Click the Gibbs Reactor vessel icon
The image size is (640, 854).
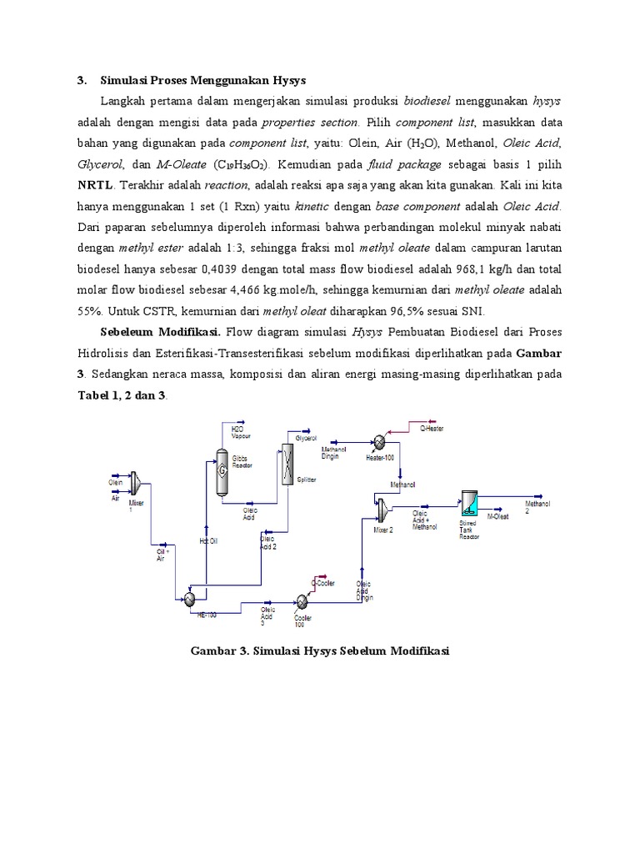pos(222,470)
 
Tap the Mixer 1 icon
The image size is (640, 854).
pos(138,487)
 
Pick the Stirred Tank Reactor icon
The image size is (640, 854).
pos(469,505)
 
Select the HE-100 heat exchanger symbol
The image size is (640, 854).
pos(190,598)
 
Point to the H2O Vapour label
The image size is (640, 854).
pos(241,433)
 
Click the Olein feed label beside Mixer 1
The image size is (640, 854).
pos(115,482)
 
